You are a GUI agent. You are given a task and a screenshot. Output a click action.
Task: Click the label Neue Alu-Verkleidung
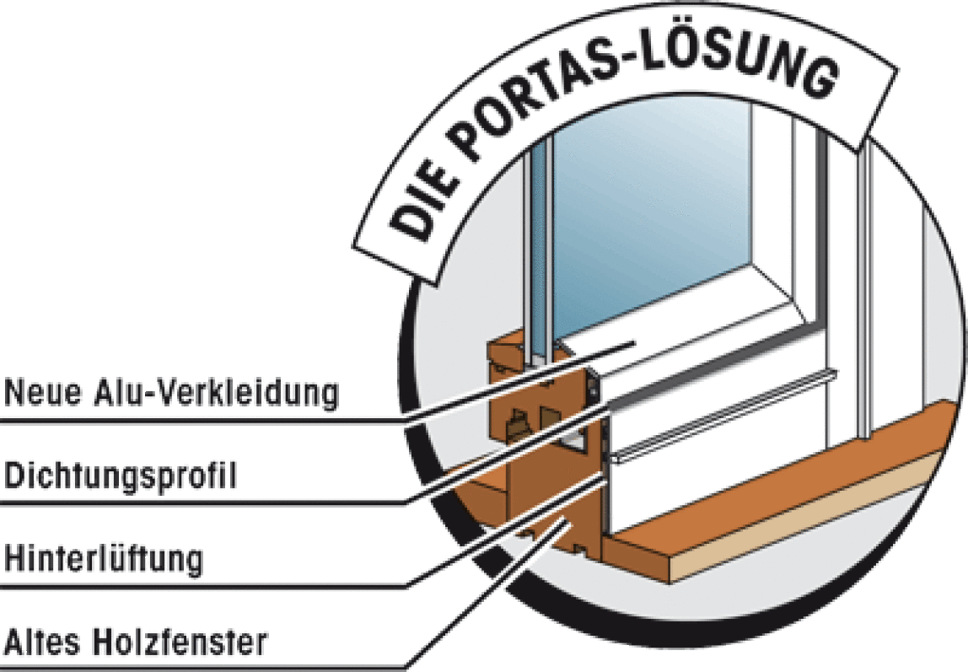point(172,392)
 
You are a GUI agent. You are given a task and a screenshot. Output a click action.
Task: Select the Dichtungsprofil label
point(121,476)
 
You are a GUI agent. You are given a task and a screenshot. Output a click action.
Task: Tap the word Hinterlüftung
point(104,559)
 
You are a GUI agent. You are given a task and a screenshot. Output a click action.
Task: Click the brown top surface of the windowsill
point(784,482)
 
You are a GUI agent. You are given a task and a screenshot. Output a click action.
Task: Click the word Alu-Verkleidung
point(217,392)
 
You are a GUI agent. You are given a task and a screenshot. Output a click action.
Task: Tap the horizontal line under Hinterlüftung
point(204,585)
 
